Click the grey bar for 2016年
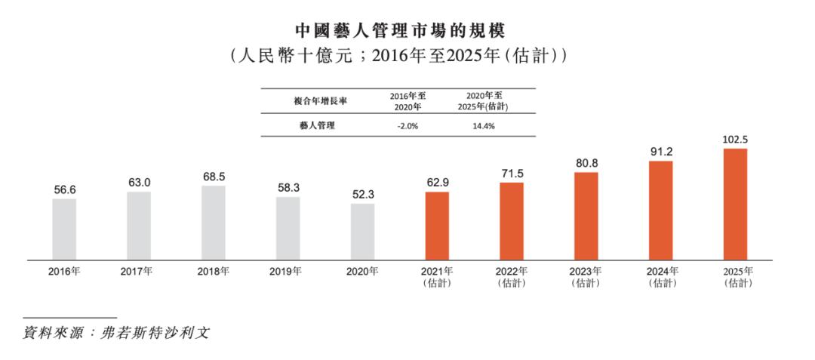[x=64, y=229]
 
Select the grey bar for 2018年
[x=214, y=223]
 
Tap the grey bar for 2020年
[x=362, y=232]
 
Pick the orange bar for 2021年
[x=437, y=226]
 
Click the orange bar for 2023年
[x=586, y=216]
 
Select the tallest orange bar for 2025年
[x=735, y=204]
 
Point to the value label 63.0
[x=139, y=183]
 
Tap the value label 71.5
[x=512, y=173]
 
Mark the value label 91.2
[x=661, y=152]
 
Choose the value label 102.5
[x=735, y=140]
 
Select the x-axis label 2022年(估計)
[x=512, y=277]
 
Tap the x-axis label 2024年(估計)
[x=661, y=277]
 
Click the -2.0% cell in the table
[x=407, y=126]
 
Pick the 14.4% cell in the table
[x=482, y=126]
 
